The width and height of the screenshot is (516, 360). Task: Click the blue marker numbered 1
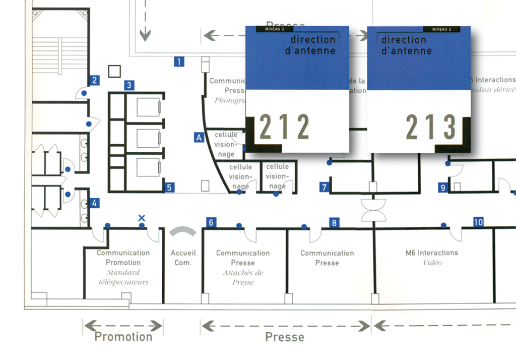tap(178, 62)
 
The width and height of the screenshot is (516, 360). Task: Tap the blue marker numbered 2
tap(94, 80)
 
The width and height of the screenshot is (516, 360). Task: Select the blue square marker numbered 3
tap(130, 85)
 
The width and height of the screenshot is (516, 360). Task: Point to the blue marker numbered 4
tap(94, 204)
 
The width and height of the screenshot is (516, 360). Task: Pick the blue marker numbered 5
tap(169, 188)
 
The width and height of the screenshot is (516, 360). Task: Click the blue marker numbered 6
tap(211, 222)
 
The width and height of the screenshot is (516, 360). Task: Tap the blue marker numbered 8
tap(334, 222)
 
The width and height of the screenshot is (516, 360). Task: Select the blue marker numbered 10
tap(478, 222)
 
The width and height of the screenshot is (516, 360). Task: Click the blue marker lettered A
tap(199, 137)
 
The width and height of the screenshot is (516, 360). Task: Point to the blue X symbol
tap(142, 218)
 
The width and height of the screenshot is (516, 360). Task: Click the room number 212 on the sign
tap(284, 127)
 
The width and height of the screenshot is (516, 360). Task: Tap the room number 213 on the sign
tap(431, 127)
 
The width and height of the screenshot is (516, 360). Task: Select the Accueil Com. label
tap(183, 258)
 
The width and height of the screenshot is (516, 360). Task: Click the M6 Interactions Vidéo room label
tap(432, 257)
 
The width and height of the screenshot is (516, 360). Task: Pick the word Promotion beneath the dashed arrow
tap(123, 337)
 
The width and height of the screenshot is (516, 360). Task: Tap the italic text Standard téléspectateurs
tap(123, 277)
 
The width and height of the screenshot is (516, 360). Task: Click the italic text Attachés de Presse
tap(243, 277)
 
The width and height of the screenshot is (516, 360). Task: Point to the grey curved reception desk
tap(183, 231)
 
